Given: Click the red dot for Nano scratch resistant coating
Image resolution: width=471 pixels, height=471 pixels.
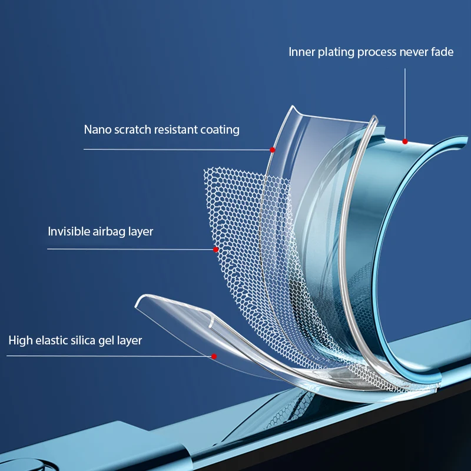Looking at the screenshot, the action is tap(273, 150).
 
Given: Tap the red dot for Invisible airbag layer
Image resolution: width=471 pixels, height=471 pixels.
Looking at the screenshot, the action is tap(216, 250).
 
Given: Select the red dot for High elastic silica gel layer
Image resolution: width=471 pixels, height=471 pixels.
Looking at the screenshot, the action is tap(214, 356).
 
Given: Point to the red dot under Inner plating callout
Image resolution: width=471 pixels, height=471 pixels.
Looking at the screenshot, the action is tap(405, 141).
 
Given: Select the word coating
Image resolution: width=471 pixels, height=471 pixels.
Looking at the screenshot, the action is tap(219, 130).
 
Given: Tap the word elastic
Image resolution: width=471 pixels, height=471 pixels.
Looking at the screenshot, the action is tap(51, 340).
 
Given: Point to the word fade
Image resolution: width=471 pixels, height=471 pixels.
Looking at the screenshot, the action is tap(442, 52).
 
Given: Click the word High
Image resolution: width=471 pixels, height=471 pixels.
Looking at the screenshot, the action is tap(20, 340).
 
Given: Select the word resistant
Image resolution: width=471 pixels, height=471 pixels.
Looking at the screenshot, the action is tap(175, 130).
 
